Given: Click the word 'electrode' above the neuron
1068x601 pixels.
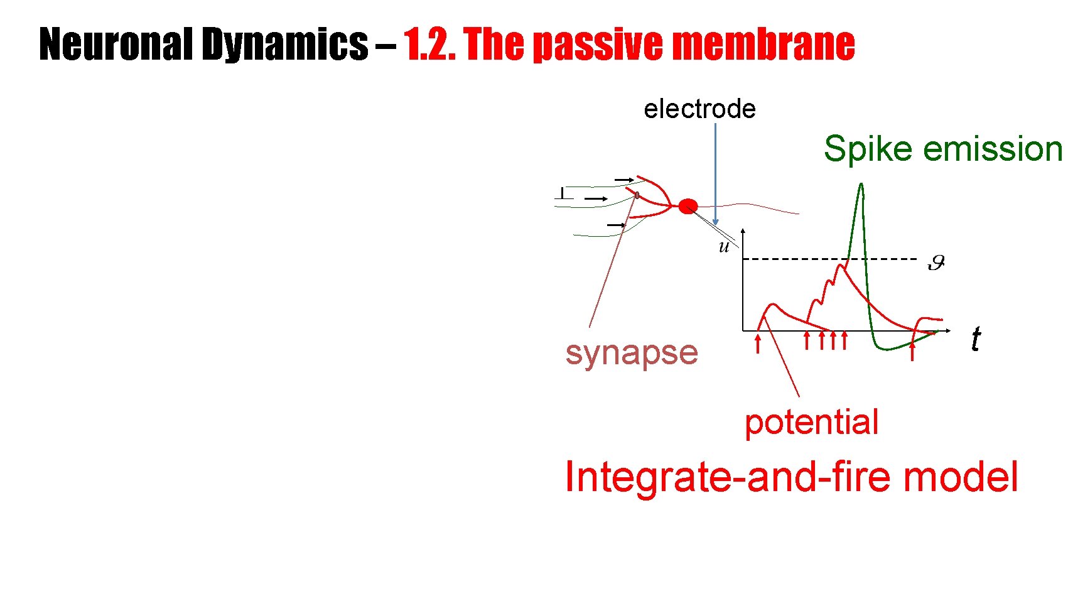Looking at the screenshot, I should [699, 109].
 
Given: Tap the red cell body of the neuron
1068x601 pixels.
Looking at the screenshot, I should [688, 206].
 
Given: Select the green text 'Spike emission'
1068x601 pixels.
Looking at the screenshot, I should [942, 149].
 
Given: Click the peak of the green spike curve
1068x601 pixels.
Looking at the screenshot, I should [861, 185].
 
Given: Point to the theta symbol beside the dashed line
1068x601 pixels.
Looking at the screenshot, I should [936, 263].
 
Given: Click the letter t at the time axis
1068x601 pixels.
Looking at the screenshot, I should [975, 340].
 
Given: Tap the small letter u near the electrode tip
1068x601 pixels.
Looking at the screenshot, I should [724, 247].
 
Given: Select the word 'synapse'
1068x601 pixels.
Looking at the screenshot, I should [631, 352].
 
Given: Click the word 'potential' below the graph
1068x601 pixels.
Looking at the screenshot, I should [811, 422].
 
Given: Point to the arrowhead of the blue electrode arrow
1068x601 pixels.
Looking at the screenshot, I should [715, 222].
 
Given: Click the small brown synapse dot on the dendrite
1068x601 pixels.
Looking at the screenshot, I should [637, 195].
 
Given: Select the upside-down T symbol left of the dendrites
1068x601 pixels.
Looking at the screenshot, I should [563, 193].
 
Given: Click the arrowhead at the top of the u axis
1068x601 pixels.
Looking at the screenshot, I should [743, 232].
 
